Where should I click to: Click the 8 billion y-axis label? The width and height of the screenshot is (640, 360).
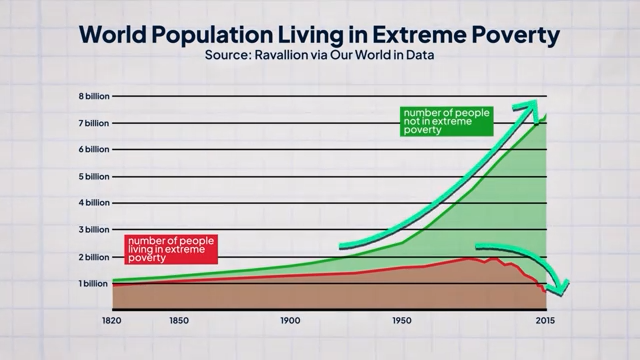click(x=88, y=96)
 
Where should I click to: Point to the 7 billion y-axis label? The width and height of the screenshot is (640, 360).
click(x=88, y=123)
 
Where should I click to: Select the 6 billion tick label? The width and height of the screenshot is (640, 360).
click(x=88, y=149)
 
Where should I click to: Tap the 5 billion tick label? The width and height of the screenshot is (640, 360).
click(x=88, y=176)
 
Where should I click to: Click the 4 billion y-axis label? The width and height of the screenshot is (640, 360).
click(x=88, y=203)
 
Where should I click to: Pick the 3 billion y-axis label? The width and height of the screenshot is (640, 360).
click(x=88, y=230)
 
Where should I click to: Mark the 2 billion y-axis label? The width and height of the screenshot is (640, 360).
click(x=88, y=257)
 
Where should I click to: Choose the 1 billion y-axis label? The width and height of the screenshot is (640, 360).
click(x=88, y=284)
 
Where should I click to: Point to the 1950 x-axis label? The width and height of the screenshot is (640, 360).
click(x=402, y=321)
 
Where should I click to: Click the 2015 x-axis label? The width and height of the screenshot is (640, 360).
click(x=545, y=321)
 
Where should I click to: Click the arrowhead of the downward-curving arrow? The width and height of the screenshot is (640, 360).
click(x=560, y=289)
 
